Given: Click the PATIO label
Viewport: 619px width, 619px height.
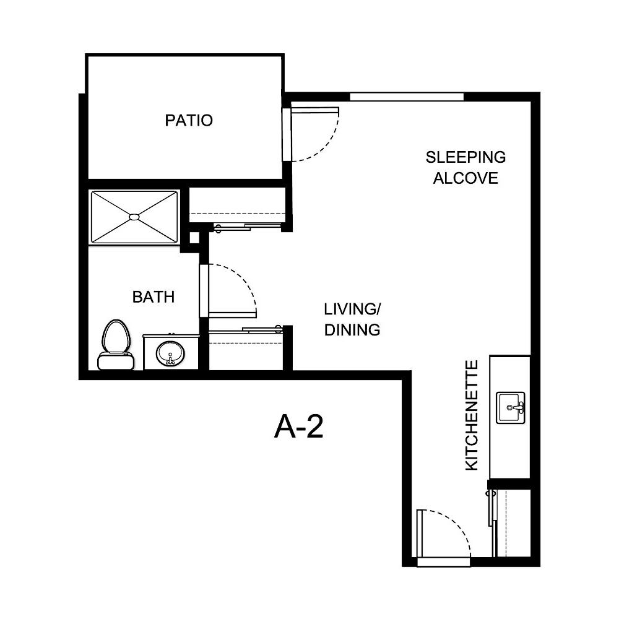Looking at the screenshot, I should tap(189, 120).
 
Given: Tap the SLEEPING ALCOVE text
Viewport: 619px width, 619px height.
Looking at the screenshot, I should tap(465, 167).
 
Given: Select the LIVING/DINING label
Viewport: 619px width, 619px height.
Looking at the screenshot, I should tap(352, 319).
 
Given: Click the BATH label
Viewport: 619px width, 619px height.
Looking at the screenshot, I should tap(154, 297).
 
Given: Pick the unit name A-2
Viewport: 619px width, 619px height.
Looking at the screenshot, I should tap(299, 426).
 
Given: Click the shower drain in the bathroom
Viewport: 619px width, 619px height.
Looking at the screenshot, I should tap(134, 217).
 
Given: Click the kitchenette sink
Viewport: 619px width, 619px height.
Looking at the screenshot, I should tap(510, 408).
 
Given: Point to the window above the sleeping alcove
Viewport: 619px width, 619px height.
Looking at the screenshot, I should tap(407, 97).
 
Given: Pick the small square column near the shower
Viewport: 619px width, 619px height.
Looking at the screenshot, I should tap(194, 238).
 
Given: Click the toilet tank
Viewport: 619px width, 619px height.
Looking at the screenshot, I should tap(116, 360).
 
